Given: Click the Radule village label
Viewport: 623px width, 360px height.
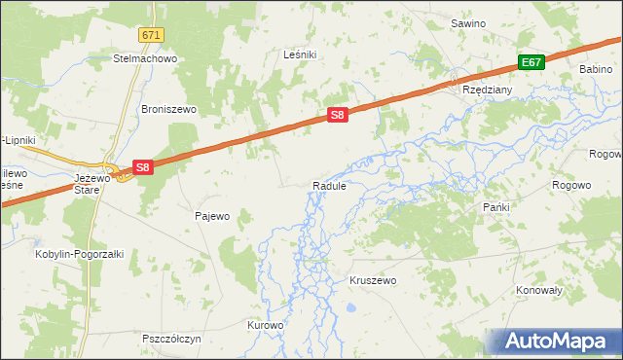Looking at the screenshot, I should coord(329,186).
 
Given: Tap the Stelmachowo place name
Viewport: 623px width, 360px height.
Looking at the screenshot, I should coord(144,58).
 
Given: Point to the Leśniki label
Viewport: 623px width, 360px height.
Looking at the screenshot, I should coord(300,55).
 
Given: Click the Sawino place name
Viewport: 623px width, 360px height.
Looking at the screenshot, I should coord(467,22).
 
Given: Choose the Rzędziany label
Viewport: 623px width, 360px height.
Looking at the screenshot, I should coord(487,88).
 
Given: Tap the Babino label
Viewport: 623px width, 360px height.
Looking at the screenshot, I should coord(595,70).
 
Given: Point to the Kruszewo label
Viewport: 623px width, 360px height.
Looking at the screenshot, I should coord(373,280).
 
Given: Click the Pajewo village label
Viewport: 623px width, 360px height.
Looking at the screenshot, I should coord(212,216).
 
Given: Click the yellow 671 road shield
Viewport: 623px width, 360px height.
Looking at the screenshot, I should coord(150,35).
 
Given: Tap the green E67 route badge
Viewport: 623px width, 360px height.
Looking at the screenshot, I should coord(530,62).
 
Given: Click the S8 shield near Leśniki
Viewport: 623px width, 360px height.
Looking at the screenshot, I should coord(337,115).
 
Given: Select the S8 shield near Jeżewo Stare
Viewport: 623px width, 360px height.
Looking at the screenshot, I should coord(142,167).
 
